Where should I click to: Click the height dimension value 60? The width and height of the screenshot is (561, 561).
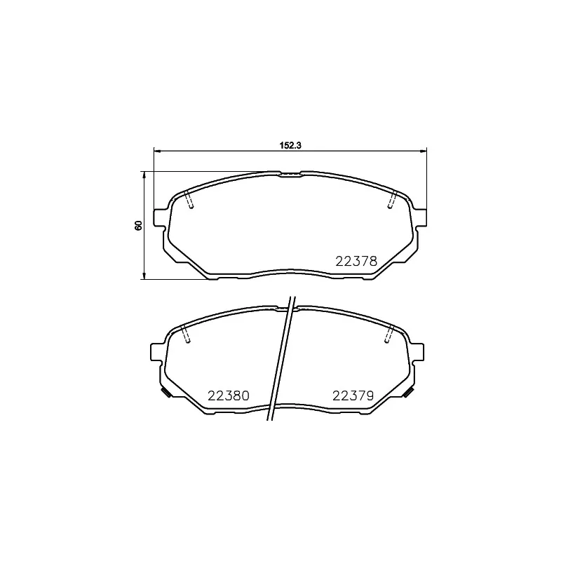[x=139, y=224]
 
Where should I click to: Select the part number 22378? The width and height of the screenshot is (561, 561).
[x=356, y=261]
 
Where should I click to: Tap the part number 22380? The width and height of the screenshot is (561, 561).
[x=229, y=396]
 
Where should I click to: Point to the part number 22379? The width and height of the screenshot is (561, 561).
[x=352, y=396]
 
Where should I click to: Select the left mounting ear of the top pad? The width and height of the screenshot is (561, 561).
[x=159, y=217]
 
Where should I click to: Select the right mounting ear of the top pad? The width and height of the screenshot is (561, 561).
[x=421, y=217]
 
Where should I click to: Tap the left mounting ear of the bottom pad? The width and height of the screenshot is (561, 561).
[x=157, y=352]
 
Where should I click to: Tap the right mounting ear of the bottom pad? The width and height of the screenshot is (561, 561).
[x=419, y=352]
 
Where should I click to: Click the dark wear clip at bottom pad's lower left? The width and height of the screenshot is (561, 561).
[x=165, y=392]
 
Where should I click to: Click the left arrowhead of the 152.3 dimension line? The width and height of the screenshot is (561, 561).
[x=156, y=150]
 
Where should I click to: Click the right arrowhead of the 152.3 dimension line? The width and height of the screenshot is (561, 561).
[x=424, y=150]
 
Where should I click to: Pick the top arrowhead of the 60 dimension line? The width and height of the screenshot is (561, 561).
[x=144, y=174]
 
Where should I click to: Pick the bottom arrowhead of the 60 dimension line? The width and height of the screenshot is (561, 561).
[x=144, y=276]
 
